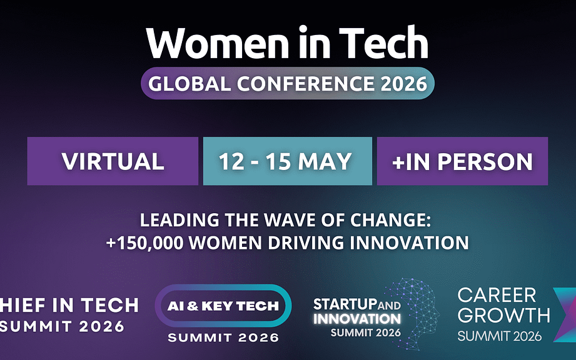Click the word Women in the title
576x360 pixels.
(x=218, y=42)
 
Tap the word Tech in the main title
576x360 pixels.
(x=383, y=42)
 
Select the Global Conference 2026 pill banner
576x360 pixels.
(x=288, y=83)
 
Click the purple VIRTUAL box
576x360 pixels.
(x=113, y=161)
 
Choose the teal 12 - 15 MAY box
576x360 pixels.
(x=288, y=161)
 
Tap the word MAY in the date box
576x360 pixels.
(x=325, y=161)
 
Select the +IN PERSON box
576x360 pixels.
(x=463, y=161)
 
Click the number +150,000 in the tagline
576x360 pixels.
(x=144, y=243)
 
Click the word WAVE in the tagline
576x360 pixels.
(x=290, y=220)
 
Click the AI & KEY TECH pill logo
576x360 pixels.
(x=223, y=306)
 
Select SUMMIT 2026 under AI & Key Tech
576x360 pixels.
(x=223, y=337)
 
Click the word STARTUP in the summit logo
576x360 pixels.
(x=345, y=304)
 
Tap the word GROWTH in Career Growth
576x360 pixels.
(x=504, y=316)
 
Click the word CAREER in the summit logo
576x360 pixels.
(x=497, y=295)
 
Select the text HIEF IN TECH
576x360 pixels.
(x=69, y=306)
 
